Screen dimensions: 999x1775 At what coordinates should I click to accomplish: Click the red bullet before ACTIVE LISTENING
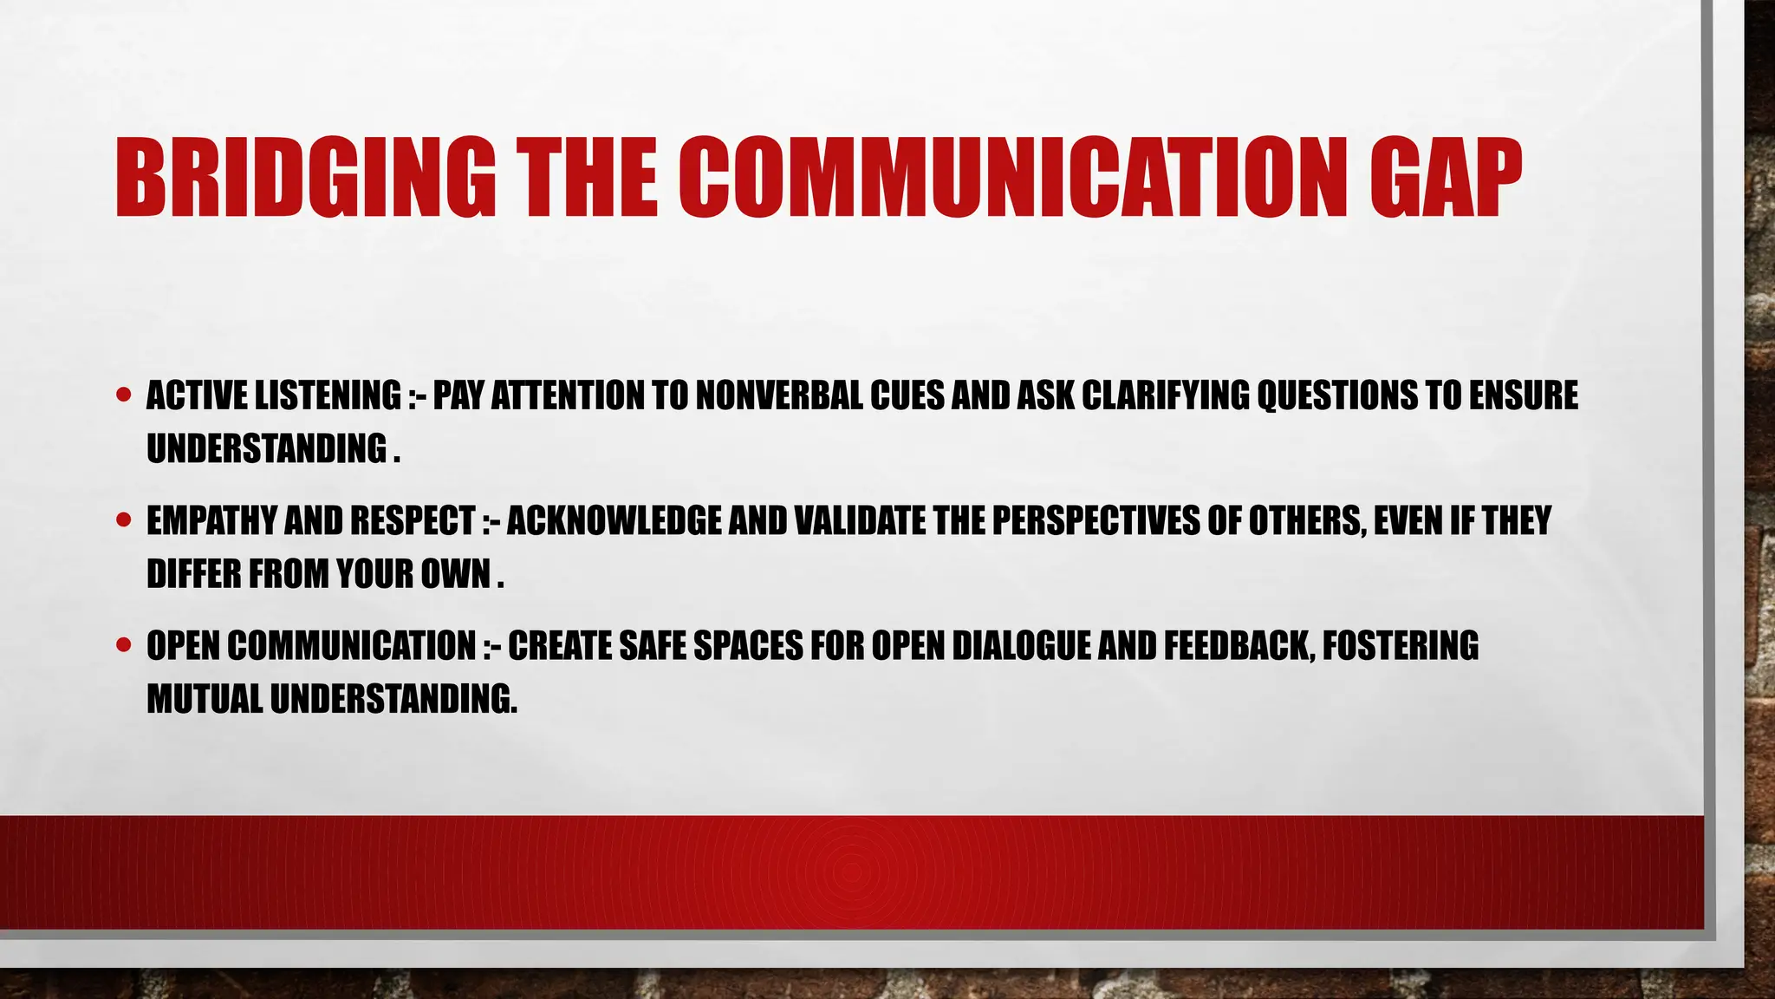123,395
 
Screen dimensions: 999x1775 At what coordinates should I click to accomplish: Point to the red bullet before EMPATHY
123,520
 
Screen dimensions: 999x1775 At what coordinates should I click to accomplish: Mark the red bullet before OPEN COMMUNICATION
123,645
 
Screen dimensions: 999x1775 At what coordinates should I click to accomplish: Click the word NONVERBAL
779,395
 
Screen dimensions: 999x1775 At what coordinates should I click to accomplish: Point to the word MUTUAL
205,699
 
